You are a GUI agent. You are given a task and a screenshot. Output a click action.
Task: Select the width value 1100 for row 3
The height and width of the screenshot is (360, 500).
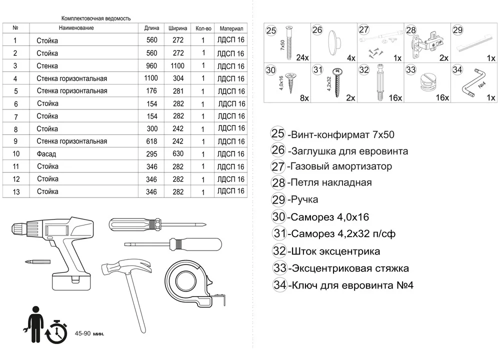coord(177,66)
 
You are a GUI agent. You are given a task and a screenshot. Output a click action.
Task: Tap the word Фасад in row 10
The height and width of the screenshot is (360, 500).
coord(46,154)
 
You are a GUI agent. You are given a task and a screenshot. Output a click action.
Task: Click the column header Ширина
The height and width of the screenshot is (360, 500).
coord(178,28)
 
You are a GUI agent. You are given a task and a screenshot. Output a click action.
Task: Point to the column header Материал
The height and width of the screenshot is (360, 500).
coord(230,28)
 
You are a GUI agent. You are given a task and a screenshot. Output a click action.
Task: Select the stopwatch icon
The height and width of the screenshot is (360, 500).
coord(56,330)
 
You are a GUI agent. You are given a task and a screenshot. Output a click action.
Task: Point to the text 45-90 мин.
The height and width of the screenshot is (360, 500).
coord(89,333)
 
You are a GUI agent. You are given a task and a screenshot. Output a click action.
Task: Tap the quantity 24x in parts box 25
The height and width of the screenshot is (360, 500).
coord(302,57)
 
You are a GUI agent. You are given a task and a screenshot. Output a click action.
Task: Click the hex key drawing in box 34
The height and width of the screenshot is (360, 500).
coord(472,83)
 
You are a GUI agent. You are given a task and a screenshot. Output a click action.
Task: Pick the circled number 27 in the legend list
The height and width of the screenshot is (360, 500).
coord(278,166)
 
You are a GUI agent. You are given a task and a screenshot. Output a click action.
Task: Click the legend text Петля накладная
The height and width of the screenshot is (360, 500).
coord(330,182)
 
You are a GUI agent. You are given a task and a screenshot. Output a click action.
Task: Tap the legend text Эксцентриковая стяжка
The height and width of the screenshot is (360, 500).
coord(349,268)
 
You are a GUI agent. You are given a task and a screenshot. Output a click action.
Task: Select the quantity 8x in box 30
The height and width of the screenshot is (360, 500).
coord(304,98)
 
